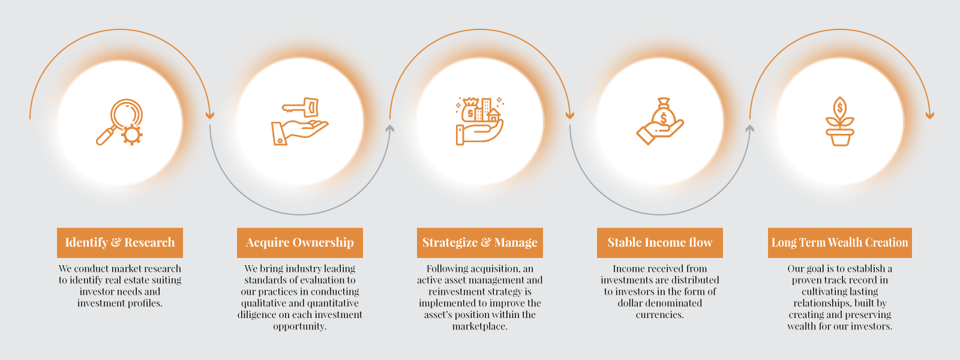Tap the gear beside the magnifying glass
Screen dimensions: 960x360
[x=131, y=134]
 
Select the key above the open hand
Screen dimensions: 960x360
[x=301, y=107]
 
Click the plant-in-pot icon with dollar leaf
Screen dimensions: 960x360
[x=839, y=121]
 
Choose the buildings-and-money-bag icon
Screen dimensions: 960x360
[x=479, y=121]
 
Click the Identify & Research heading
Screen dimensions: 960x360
[x=120, y=242]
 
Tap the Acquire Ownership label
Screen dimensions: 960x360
[x=300, y=242]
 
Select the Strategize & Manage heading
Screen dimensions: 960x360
[x=480, y=242]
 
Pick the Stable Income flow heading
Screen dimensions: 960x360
[x=660, y=242]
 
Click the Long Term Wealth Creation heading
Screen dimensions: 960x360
[x=840, y=242]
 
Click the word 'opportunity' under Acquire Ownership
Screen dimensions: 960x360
[x=299, y=326]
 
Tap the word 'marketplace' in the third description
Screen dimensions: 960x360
[x=479, y=326]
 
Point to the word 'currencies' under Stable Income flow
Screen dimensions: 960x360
[x=659, y=315]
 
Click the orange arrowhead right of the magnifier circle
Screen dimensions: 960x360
[x=209, y=115]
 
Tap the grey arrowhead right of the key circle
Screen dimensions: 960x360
[x=389, y=128]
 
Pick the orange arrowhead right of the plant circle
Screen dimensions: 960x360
[x=929, y=115]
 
